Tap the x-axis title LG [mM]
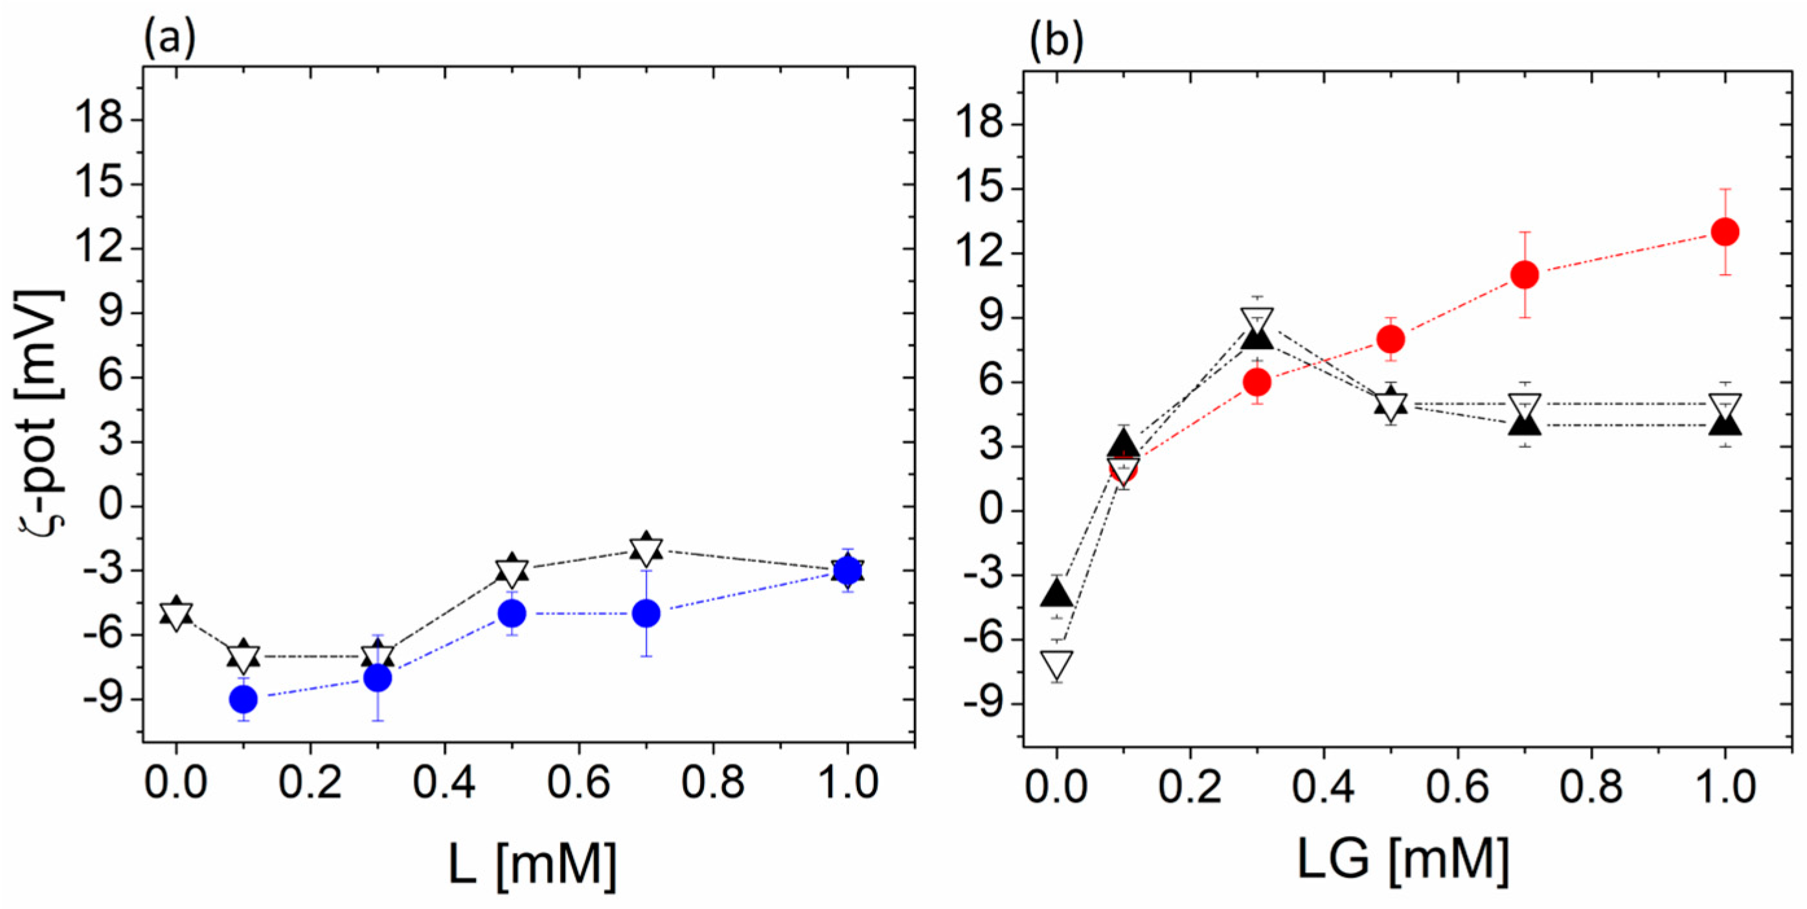[x=1403, y=858]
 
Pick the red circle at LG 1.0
[x=1725, y=232]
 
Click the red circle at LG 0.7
[x=1525, y=275]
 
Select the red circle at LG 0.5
[x=1391, y=339]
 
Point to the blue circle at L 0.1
[x=244, y=699]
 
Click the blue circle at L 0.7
[x=646, y=614]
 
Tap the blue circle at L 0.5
[x=512, y=614]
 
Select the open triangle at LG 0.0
[x=1057, y=664]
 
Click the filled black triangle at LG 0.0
[x=1057, y=593]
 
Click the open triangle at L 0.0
[x=176, y=616]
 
